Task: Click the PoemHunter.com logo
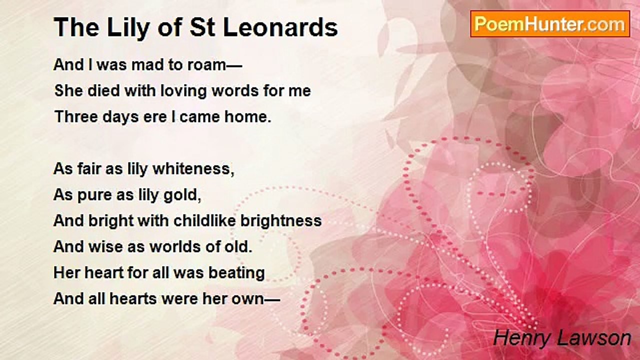550,24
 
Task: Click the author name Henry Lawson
562,338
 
